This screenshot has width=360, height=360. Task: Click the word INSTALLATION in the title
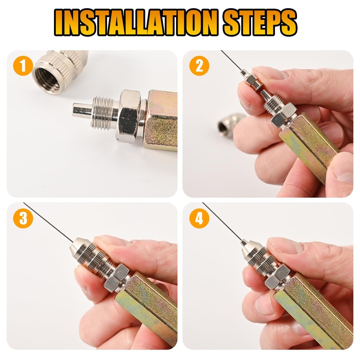coord(136,22)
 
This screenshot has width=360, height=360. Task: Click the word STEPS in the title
coord(260,22)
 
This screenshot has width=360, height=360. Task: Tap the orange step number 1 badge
coord(23,66)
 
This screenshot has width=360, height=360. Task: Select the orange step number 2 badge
coord(199,66)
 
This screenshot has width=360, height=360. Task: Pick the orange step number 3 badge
coord(23,218)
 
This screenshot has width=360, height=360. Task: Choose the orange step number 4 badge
coord(199,218)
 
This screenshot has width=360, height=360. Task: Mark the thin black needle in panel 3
coord(49,222)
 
